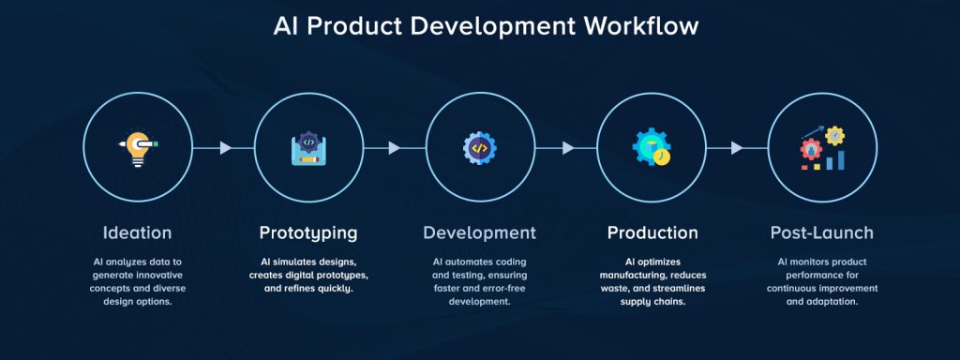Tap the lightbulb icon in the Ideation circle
tap(138, 148)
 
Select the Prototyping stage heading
tap(308, 232)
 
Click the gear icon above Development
tap(479, 148)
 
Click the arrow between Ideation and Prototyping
tap(224, 148)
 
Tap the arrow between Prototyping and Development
tap(395, 148)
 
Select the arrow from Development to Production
tap(566, 148)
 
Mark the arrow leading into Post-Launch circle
tap(737, 148)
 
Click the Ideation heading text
tap(138, 232)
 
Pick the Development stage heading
tap(479, 232)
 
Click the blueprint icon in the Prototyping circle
tap(308, 148)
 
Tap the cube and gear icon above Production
tap(652, 148)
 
